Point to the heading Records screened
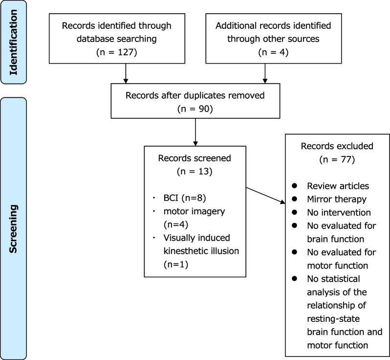195,158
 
